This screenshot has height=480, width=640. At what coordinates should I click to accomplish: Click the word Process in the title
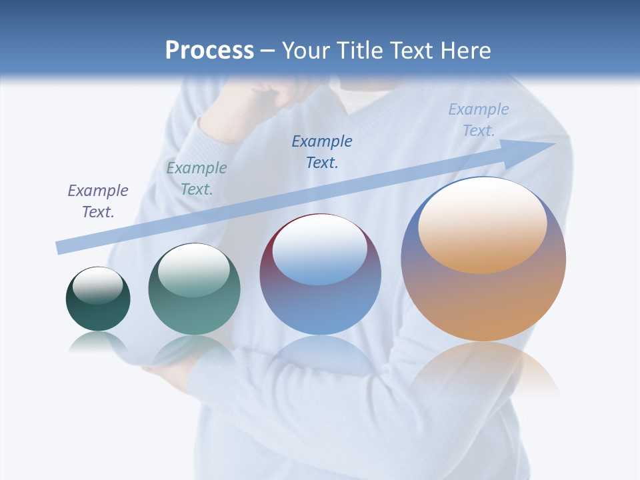[209, 51]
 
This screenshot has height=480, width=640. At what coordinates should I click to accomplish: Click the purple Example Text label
[98, 201]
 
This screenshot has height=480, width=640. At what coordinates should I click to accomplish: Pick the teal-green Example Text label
[197, 179]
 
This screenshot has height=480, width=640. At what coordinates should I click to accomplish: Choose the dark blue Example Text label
[322, 151]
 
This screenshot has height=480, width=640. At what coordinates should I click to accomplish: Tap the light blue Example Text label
[478, 120]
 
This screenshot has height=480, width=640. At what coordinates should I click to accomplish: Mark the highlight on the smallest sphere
[97, 285]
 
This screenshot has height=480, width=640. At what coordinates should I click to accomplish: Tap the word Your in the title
[309, 51]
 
